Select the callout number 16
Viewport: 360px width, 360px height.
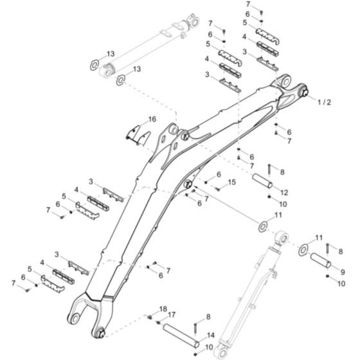click(152, 120)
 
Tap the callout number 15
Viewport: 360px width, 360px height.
click(231, 183)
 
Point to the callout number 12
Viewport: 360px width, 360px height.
click(284, 193)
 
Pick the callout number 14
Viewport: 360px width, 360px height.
click(211, 335)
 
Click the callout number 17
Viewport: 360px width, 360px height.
click(172, 315)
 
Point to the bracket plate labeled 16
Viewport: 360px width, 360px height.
click(137, 135)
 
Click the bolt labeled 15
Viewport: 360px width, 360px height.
click(218, 188)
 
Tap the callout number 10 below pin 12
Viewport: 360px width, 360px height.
click(283, 204)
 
